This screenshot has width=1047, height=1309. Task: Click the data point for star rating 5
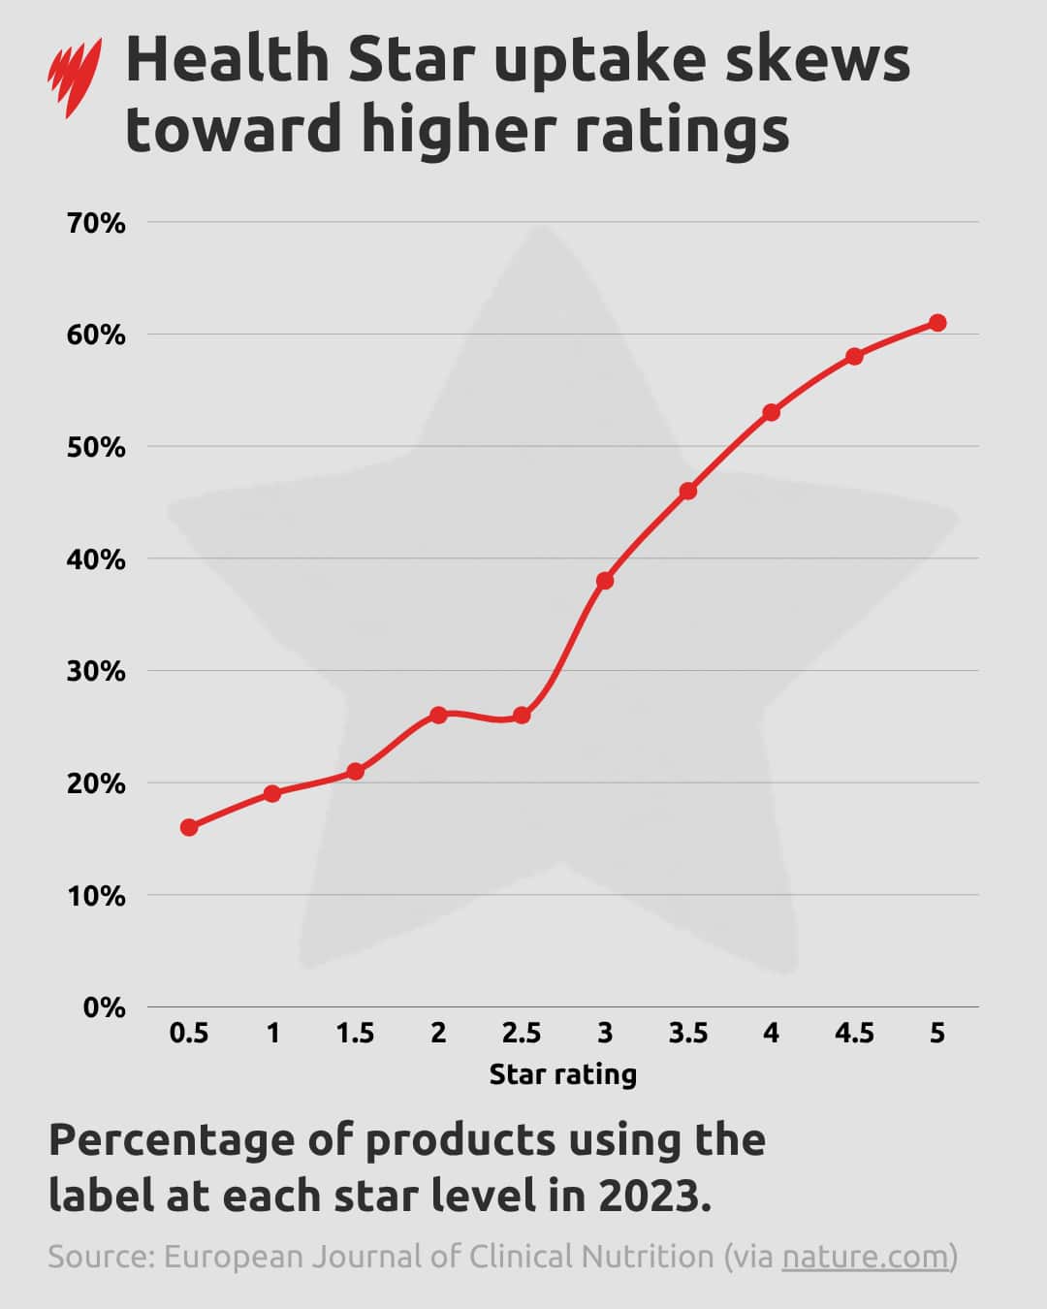pos(937,323)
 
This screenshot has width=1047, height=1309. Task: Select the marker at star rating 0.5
pos(189,827)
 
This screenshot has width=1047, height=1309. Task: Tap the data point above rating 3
pos(605,581)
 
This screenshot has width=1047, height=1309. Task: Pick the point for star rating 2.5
pos(522,716)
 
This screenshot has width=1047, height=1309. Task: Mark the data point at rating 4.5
pos(854,357)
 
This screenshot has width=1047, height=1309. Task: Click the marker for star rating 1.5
pos(356,772)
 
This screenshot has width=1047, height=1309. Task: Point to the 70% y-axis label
pos(96,223)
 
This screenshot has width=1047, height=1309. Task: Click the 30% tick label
pos(96,671)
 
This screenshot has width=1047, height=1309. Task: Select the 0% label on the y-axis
pos(104,1007)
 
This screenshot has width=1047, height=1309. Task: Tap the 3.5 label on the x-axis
pos(688,1034)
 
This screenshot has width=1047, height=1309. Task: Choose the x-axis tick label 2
pos(438,1034)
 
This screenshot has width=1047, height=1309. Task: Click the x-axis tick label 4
pos(771,1034)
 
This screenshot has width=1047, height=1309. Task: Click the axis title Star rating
pos(562,1074)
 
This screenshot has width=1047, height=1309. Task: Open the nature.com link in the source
pos(865,1257)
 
